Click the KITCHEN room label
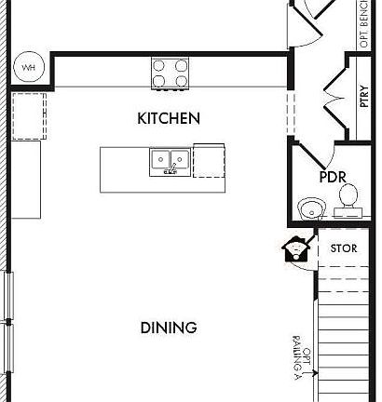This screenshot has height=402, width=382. click(x=169, y=118)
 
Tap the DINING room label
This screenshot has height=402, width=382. click(x=169, y=328)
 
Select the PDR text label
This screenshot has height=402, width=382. click(x=333, y=176)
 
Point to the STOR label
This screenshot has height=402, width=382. click(x=344, y=248)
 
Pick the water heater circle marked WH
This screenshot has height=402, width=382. click(x=27, y=67)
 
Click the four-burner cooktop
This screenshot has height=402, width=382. click(x=171, y=74)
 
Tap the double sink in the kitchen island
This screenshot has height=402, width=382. click(x=170, y=162)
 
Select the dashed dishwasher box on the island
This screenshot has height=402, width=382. click(x=209, y=160)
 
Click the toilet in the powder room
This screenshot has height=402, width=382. click(x=348, y=197)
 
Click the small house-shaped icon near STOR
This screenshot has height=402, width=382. click(x=295, y=248)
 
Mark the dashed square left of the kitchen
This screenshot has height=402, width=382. click(x=29, y=114)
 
